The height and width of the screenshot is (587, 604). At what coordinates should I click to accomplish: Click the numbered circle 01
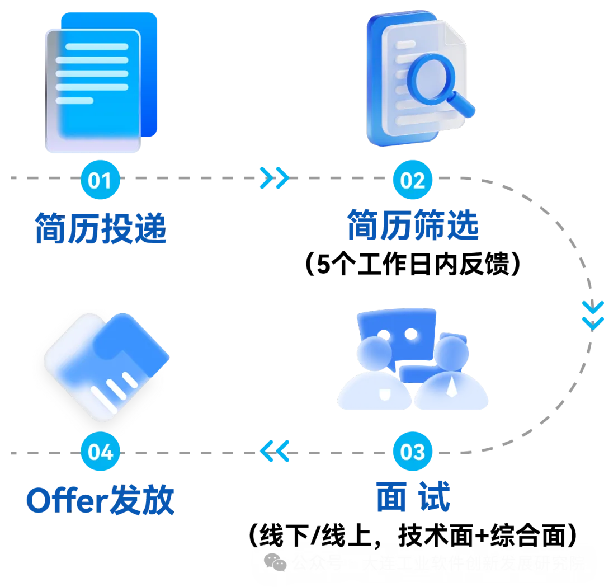[101, 180]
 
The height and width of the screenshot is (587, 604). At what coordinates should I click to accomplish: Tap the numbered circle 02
[413, 180]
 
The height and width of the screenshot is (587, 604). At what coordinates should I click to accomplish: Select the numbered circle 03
[413, 452]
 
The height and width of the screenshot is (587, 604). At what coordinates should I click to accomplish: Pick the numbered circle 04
[101, 452]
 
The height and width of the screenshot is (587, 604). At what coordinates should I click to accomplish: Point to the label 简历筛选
[412, 226]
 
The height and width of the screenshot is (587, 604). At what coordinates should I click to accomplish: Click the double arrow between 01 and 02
[275, 179]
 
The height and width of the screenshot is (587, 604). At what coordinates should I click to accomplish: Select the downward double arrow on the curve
[592, 314]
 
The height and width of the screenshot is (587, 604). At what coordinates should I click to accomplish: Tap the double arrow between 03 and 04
[276, 450]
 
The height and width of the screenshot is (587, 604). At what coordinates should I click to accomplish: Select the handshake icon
[101, 367]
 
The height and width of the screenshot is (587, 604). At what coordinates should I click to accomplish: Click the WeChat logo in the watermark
[275, 562]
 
